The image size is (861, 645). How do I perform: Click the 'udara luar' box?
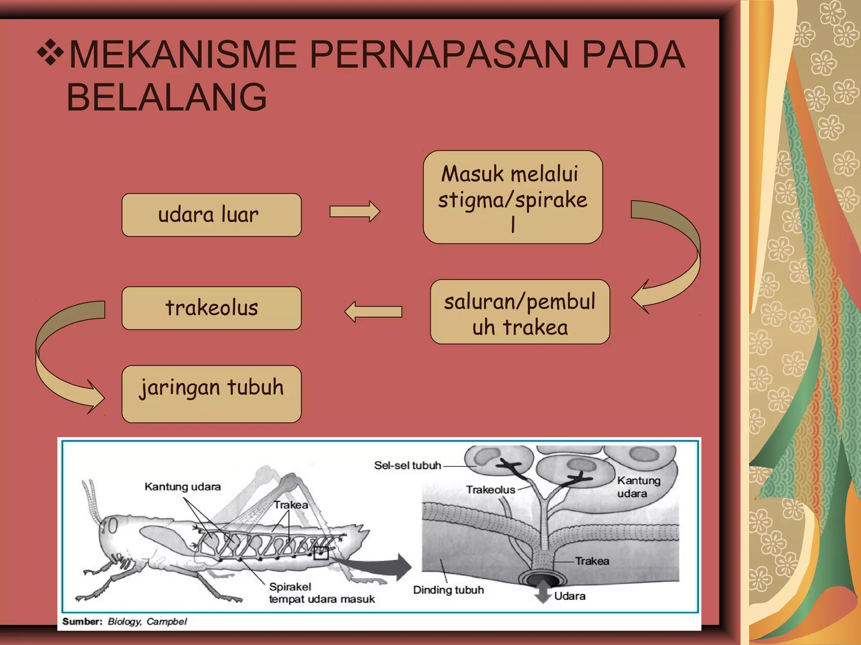(211, 215)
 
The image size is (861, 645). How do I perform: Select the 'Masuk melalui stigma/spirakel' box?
(512, 197)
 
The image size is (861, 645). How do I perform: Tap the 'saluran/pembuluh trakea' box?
(520, 312)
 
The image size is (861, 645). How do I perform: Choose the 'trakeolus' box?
(211, 308)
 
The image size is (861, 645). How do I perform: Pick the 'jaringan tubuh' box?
(211, 393)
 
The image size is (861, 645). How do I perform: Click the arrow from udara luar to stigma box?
(354, 211)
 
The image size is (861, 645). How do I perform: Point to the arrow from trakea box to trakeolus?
(372, 312)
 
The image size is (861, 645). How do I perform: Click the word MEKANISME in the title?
(182, 55)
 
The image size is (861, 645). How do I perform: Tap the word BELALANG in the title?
(167, 97)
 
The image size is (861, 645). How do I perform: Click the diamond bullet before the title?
(50, 52)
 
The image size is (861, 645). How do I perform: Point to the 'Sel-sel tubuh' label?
(407, 465)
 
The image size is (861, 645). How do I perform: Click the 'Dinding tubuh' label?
(448, 590)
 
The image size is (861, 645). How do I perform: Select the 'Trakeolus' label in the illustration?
(490, 490)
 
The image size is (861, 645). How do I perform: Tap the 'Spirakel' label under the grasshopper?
(290, 587)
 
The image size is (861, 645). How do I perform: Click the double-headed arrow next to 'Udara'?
(543, 592)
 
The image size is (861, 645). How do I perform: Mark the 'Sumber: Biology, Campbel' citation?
(124, 621)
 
